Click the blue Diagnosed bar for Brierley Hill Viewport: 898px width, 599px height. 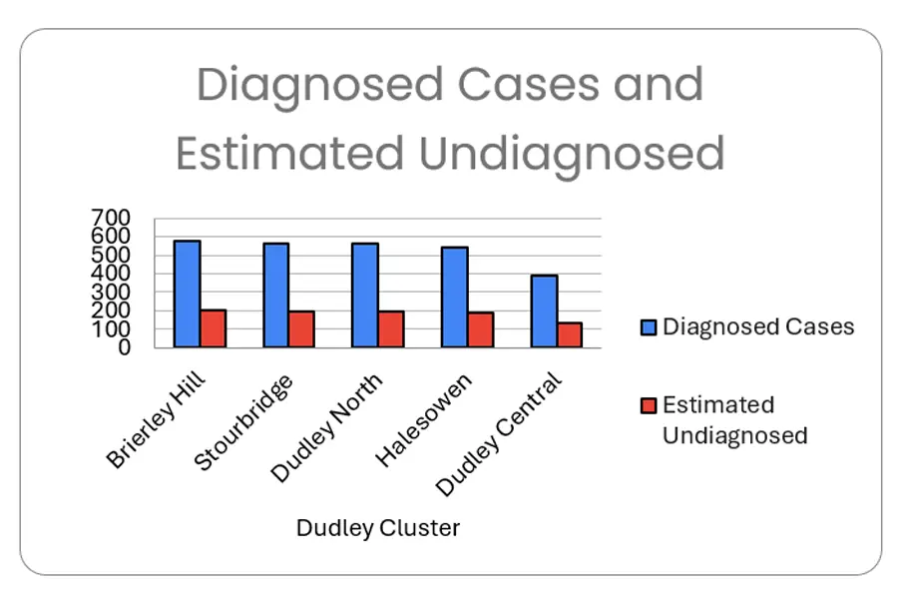click(x=187, y=295)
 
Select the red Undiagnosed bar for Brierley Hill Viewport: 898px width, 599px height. click(x=213, y=328)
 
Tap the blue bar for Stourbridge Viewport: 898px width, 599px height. click(x=275, y=296)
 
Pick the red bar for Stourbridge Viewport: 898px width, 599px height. click(x=301, y=329)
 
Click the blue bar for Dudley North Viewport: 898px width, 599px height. click(x=364, y=296)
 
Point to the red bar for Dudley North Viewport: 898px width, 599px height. click(x=390, y=329)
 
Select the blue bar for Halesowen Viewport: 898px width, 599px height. click(x=454, y=298)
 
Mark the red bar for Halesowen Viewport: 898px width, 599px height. click(x=480, y=330)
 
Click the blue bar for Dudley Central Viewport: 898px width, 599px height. click(x=544, y=311)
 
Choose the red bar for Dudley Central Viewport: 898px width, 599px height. click(x=569, y=335)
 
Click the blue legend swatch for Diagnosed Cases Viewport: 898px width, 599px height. click(x=648, y=327)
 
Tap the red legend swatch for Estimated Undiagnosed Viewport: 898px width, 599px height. click(x=648, y=405)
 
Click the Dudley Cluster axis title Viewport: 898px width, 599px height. click(x=378, y=528)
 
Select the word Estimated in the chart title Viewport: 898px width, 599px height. click(x=289, y=154)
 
